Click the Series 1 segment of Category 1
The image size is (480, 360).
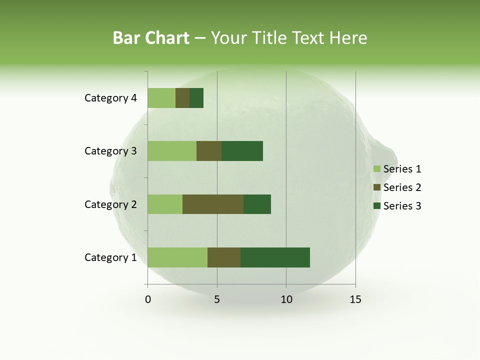pyautogui.click(x=177, y=257)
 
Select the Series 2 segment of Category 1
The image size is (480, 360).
pyautogui.click(x=224, y=257)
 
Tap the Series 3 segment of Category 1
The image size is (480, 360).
pyautogui.click(x=275, y=257)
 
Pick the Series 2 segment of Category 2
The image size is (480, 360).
pyautogui.click(x=213, y=204)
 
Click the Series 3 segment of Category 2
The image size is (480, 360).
pyautogui.click(x=257, y=204)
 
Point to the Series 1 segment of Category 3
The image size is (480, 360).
pyautogui.click(x=172, y=151)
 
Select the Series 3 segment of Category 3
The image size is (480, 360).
pyautogui.click(x=242, y=151)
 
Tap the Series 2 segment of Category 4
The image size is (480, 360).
pyautogui.click(x=182, y=98)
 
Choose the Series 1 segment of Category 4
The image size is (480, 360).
pyautogui.click(x=161, y=98)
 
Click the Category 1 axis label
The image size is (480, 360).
pyautogui.click(x=110, y=257)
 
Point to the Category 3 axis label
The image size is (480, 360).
pyautogui.click(x=110, y=151)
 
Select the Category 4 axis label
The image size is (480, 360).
pyautogui.click(x=110, y=98)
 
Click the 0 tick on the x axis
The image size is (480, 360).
pyautogui.click(x=148, y=299)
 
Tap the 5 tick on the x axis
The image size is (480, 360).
pyautogui.click(x=217, y=299)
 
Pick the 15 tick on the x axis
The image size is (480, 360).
pyautogui.click(x=355, y=299)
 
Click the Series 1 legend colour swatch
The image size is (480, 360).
pyautogui.click(x=376, y=169)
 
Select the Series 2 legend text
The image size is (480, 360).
pyautogui.click(x=402, y=187)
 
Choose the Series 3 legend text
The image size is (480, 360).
pyautogui.click(x=402, y=206)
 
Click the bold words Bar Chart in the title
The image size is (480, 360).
pyautogui.click(x=151, y=37)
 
